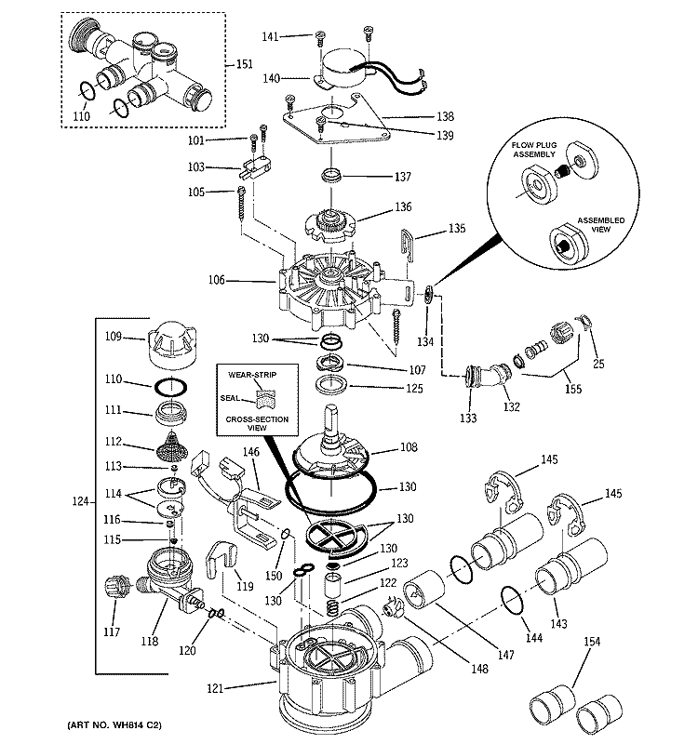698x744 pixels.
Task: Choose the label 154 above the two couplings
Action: click(592, 643)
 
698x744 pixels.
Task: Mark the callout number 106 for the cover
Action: click(241, 279)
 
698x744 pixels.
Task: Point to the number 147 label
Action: click(505, 655)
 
